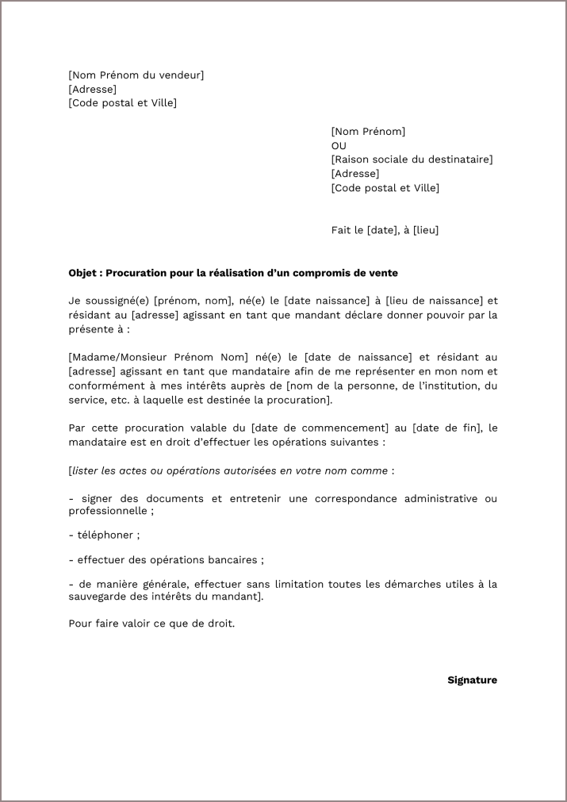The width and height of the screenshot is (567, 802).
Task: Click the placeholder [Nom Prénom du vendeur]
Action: tap(136, 75)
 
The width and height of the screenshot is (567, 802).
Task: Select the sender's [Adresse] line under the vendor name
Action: tap(92, 90)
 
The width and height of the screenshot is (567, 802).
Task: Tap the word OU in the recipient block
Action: tap(339, 146)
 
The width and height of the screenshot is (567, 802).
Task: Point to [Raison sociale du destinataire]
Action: tap(412, 159)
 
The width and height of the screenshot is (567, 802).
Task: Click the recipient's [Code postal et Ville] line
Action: tap(385, 188)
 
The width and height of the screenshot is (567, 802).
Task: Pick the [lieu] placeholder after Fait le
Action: tap(426, 230)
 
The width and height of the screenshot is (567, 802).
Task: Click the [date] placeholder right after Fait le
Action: tap(381, 230)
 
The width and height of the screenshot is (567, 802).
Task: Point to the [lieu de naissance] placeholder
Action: tap(434, 301)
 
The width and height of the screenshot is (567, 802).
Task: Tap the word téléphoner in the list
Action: tap(104, 535)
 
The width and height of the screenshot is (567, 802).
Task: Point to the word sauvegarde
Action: tap(98, 597)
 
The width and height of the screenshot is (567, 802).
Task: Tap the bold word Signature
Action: tap(472, 680)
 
